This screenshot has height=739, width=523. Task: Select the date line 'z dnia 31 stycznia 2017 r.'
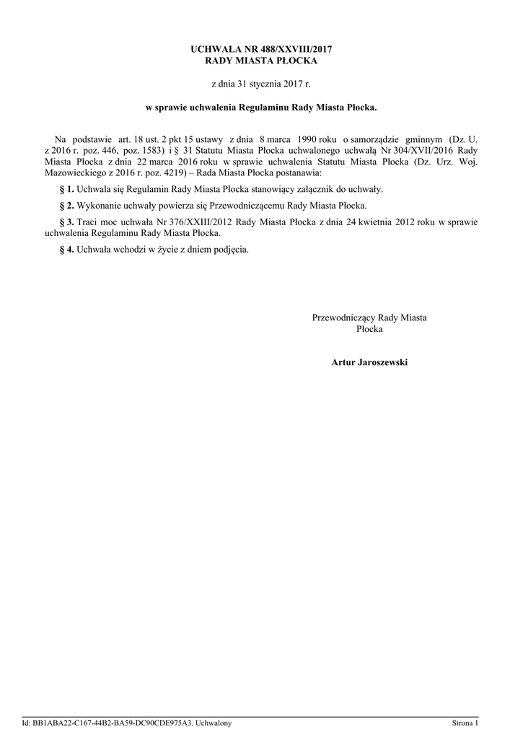tap(261, 84)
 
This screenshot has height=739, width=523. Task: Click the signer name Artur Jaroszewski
tap(369, 362)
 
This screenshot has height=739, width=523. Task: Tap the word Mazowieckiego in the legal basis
tap(75, 173)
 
